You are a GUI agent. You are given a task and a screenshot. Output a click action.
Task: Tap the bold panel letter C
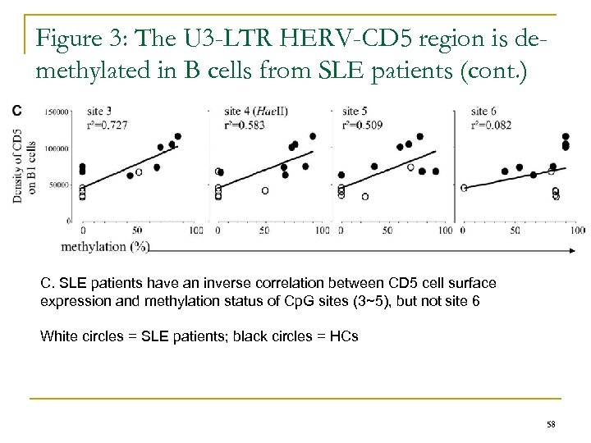[x=17, y=109]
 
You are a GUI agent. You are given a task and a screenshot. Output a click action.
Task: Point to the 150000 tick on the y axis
[x=56, y=111]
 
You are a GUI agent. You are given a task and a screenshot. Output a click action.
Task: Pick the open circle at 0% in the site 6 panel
[x=464, y=188]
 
